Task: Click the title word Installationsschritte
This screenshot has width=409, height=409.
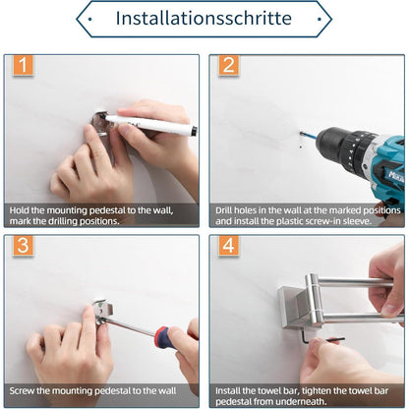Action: (x=204, y=18)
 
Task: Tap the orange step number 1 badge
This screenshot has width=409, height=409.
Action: (x=23, y=65)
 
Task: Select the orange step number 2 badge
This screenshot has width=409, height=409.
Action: (x=229, y=65)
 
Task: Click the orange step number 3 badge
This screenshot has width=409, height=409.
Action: (x=23, y=245)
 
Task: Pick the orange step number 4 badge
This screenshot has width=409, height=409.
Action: (x=229, y=245)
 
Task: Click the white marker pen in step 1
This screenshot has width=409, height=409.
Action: (x=149, y=125)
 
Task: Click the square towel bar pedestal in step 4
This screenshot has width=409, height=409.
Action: (x=293, y=308)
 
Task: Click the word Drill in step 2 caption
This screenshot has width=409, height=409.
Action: (x=224, y=210)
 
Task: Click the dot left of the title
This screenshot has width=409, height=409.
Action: (x=90, y=19)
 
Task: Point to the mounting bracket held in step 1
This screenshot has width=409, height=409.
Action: (x=99, y=124)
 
